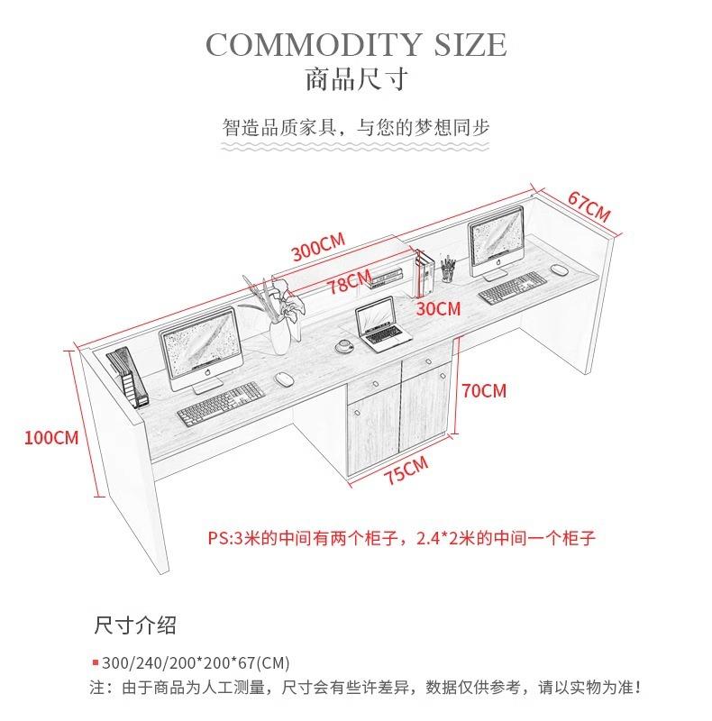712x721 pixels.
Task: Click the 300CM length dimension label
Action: pos(318,247)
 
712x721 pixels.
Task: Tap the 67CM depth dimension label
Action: pos(589,206)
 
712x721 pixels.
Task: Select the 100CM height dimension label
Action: pos(51,437)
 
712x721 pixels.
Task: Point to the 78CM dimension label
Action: pos(350,281)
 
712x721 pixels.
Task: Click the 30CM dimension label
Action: pos(438,308)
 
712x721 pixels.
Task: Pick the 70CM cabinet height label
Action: pos(484,391)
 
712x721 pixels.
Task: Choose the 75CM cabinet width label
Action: pos(406,470)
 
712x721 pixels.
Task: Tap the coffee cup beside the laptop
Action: pos(343,345)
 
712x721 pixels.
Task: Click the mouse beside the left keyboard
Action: pos(284,379)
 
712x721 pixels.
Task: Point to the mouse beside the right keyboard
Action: pos(559,269)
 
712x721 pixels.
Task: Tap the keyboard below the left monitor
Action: pos(221,404)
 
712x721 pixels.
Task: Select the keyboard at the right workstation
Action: pos(512,287)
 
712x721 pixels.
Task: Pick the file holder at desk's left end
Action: pos(127,376)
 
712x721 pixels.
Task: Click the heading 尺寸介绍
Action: pos(135,625)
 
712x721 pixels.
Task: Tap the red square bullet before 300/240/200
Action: pos(96,662)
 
